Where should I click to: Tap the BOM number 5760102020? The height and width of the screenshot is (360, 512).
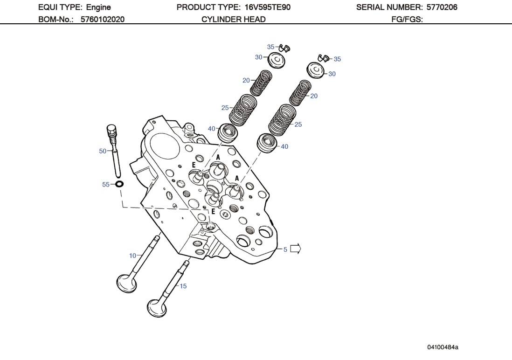[x=102, y=19]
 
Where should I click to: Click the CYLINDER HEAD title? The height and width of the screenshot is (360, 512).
[x=234, y=19]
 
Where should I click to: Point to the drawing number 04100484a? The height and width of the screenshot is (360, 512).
[x=443, y=347]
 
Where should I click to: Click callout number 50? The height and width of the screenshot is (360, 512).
[x=103, y=151]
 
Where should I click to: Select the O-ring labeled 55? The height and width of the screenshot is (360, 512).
[x=119, y=184]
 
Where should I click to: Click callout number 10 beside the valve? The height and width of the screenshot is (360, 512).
[x=132, y=256]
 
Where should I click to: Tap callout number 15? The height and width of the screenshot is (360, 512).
[x=183, y=286]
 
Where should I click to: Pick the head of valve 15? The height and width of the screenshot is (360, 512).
[x=157, y=307]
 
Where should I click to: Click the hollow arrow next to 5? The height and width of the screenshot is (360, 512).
[x=296, y=249]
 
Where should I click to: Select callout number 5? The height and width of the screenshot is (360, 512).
[x=285, y=249]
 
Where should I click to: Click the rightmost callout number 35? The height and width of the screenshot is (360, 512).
[x=337, y=59]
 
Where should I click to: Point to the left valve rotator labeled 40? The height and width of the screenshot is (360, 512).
[x=228, y=133]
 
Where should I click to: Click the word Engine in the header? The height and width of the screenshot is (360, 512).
[x=98, y=7]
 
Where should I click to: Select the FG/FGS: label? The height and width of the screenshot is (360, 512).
[x=407, y=19]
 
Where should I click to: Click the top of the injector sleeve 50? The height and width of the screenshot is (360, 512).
[x=111, y=128]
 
